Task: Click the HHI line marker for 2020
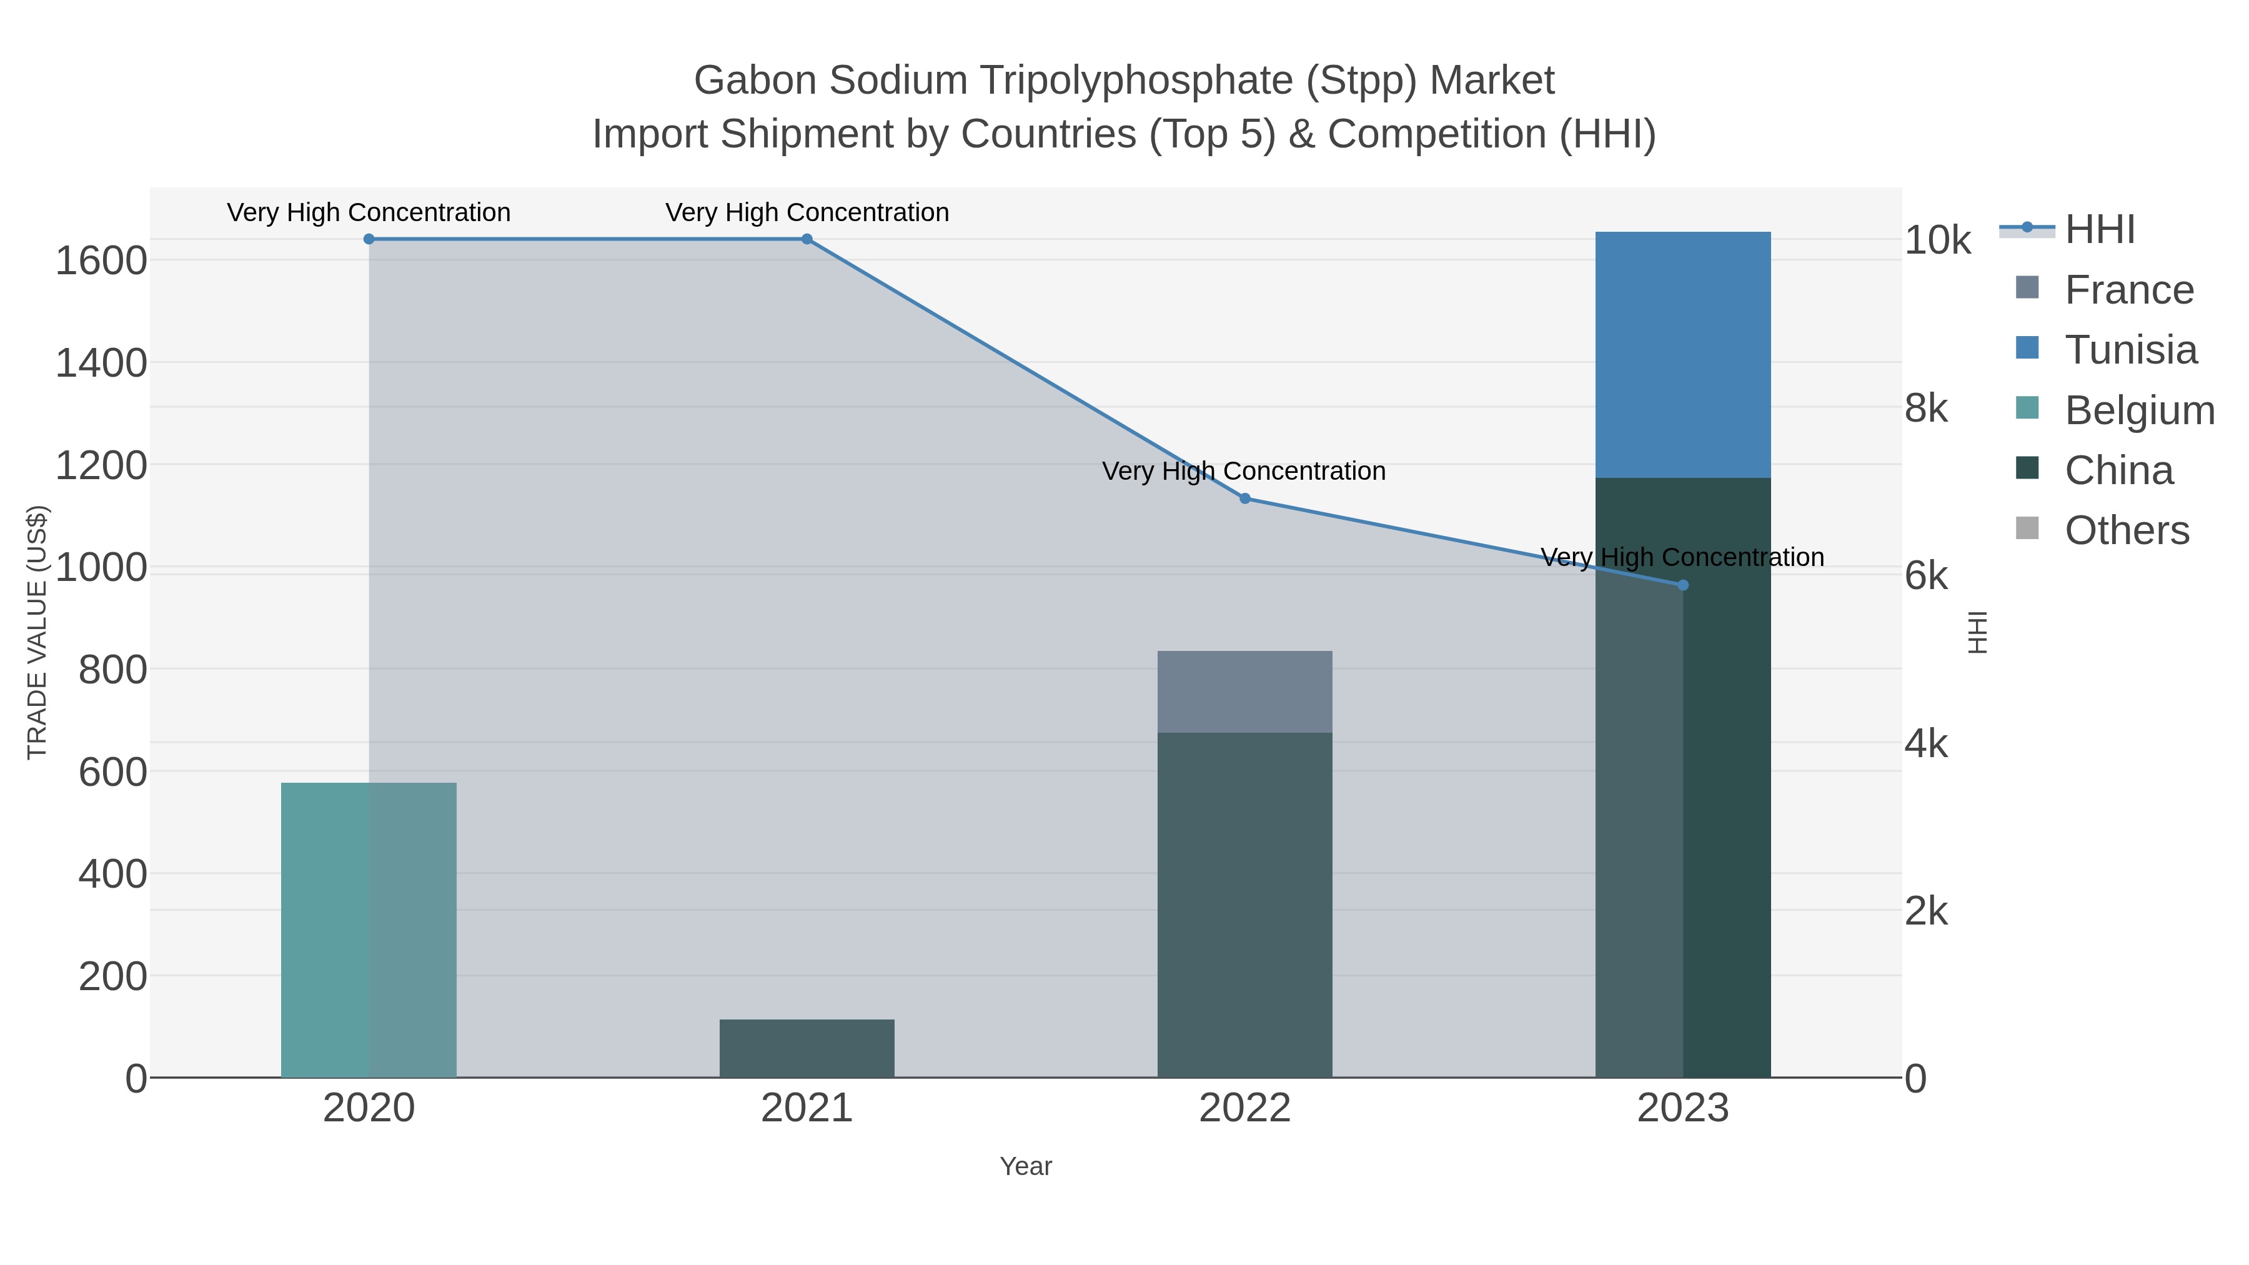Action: point(369,239)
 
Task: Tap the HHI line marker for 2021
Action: point(807,239)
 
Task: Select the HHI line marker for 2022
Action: point(1245,499)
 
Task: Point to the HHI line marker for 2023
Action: point(1683,585)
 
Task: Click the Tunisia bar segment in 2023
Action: point(1683,354)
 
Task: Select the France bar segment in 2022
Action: point(1245,692)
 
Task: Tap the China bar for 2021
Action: point(807,1048)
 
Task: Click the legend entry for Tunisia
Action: point(2130,350)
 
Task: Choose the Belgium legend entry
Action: point(2139,410)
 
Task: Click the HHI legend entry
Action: point(2100,230)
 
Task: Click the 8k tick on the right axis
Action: point(1926,409)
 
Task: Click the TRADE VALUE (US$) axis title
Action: point(37,632)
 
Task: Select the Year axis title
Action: point(1026,1166)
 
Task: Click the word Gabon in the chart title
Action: point(755,81)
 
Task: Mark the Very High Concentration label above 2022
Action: point(1243,472)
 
